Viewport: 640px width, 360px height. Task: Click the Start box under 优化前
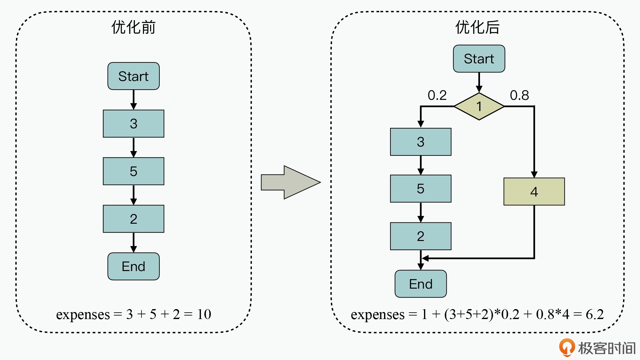[x=133, y=76]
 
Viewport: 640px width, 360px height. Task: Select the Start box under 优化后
[x=479, y=59]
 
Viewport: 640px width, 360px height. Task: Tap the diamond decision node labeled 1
[x=479, y=106]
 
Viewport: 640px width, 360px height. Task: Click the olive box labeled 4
[x=534, y=191]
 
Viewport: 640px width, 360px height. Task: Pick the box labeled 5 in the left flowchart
[x=133, y=171]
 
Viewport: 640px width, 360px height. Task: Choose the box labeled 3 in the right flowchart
[x=420, y=142]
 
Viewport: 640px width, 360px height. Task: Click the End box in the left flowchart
[x=133, y=266]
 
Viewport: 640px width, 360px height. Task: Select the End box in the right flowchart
[x=420, y=284]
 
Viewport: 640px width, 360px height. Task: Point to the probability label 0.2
[x=437, y=95]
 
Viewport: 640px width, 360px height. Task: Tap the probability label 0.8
[x=519, y=95]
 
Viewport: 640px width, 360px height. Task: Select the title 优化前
[x=133, y=27]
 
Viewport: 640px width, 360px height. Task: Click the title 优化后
[x=477, y=27]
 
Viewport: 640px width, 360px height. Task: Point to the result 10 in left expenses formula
[x=204, y=314]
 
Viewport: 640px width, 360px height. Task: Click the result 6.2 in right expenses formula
[x=595, y=314]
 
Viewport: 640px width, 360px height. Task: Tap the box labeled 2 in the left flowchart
[x=133, y=219]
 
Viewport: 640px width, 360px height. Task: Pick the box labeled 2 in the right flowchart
[x=420, y=236]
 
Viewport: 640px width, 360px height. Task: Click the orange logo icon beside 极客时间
[x=567, y=347]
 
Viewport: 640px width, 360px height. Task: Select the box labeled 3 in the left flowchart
[x=133, y=124]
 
